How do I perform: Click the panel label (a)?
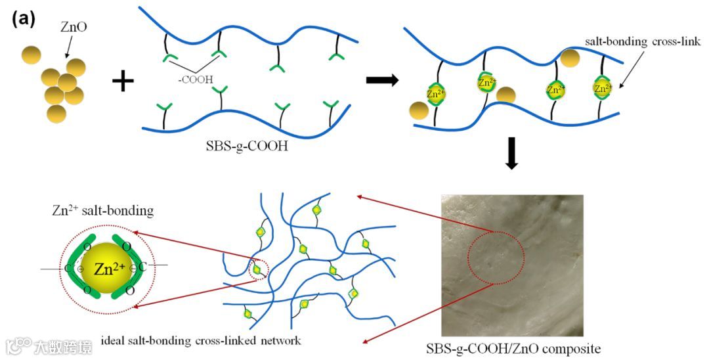24,19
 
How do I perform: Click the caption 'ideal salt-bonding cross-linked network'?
201,341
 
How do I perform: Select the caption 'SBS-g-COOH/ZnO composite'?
513,348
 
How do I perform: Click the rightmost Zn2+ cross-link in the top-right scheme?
602,87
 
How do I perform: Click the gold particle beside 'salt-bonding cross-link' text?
570,58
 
